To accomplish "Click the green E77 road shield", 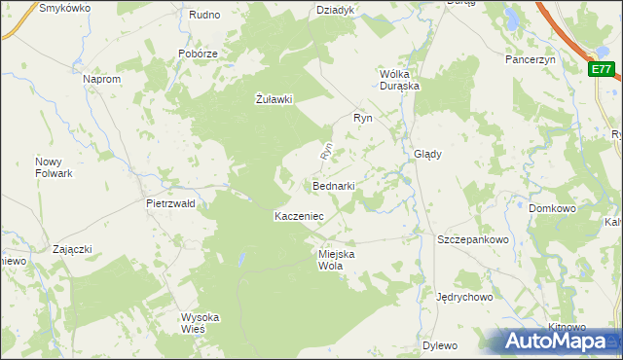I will pos(603,69).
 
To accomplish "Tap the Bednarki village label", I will pos(333,185).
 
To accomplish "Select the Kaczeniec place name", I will pos(299,215).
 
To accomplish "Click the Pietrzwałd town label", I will pos(170,204).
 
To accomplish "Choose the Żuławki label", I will pos(274,98).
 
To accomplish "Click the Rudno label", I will pos(204,15).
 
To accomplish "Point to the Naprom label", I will pos(102,78).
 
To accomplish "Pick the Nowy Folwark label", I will pos(54,167).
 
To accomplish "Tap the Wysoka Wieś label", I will pos(201,323).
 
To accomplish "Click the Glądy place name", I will pos(428,154).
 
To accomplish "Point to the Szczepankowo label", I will pos(473,239).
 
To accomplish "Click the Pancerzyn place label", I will pos(530,59).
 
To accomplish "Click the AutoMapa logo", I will pos(552,341).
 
